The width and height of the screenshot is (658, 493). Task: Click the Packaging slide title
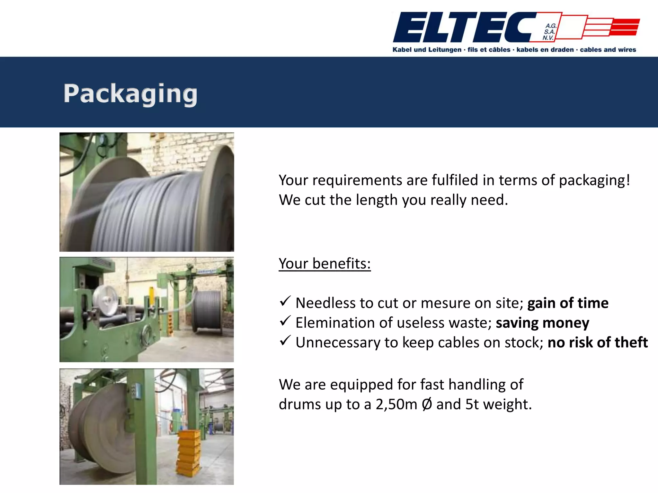pyautogui.click(x=130, y=93)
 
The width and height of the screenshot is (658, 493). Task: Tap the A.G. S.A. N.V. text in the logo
pyautogui.click(x=549, y=32)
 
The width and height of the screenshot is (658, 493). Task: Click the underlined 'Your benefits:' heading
pyautogui.click(x=325, y=264)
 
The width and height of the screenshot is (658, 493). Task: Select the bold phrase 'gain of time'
pyautogui.click(x=568, y=303)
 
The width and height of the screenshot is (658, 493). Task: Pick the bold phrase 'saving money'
pyautogui.click(x=542, y=323)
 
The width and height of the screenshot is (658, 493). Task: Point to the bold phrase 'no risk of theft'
pyautogui.click(x=598, y=342)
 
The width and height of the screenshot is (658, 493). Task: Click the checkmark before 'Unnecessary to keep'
pyautogui.click(x=285, y=341)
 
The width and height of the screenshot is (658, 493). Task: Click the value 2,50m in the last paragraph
pyautogui.click(x=396, y=404)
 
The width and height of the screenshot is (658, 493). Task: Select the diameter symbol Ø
pyautogui.click(x=427, y=404)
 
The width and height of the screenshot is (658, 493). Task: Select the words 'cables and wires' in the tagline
pyautogui.click(x=608, y=50)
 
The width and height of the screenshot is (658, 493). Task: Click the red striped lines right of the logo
pyautogui.click(x=623, y=27)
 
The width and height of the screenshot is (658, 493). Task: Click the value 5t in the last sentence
pyautogui.click(x=472, y=404)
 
